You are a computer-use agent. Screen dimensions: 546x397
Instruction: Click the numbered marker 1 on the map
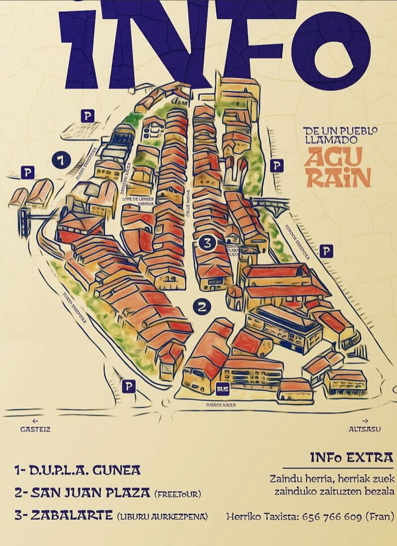[x=61, y=160]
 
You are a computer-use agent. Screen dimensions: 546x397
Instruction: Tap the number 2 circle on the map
[x=202, y=307]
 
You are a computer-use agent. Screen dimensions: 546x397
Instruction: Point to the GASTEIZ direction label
[x=36, y=429]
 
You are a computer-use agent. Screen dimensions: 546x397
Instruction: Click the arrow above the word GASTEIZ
[x=35, y=420]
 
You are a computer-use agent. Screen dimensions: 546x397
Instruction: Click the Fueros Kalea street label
[x=222, y=405]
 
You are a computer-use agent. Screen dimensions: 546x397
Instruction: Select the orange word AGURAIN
[x=339, y=168]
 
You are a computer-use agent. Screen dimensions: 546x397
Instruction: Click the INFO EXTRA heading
[x=352, y=458]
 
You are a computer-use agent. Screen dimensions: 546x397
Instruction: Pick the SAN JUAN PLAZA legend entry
[x=83, y=493]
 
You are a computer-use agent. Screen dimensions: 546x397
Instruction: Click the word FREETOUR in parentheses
[x=178, y=494]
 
